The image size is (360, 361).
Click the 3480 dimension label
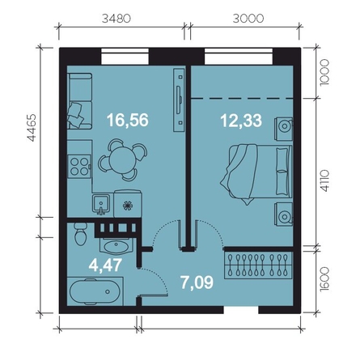tap(116, 19)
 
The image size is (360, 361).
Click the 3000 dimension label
tap(248, 19)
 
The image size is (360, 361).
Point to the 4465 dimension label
tap(32, 128)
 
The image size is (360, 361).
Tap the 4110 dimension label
tap(325, 180)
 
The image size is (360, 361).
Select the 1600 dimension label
tap(325, 279)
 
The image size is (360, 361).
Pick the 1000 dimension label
tap(325, 72)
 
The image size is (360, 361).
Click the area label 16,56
tap(128, 120)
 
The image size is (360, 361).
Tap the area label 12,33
tap(241, 121)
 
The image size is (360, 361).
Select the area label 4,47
tap(105, 265)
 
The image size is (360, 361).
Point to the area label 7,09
tap(197, 282)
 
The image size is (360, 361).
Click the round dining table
tap(123, 159)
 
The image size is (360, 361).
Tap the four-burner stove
tap(79, 166)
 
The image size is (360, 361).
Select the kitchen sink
tap(101, 204)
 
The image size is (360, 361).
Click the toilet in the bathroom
tap(80, 234)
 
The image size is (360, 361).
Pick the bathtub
tap(95, 291)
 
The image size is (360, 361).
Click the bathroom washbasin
tap(116, 246)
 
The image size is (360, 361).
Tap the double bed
tap(256, 172)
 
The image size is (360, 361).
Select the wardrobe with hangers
tap(258, 265)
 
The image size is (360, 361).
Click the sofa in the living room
tap(80, 101)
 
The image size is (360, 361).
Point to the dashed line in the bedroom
tap(242, 99)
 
